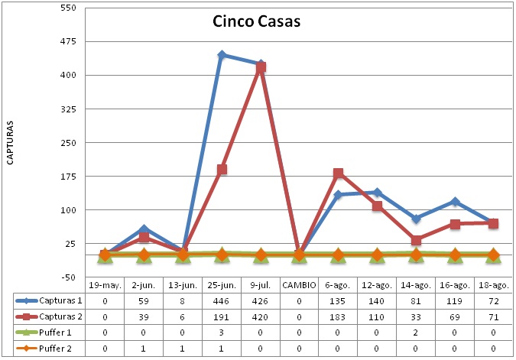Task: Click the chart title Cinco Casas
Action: [257, 21]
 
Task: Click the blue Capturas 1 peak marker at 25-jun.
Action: [222, 55]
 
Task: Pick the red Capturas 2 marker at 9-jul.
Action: [261, 67]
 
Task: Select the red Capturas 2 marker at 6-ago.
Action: [339, 174]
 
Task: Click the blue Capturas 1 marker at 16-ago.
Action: [456, 202]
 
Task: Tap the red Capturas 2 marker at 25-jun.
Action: [222, 170]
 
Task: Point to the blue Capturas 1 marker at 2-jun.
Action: [144, 229]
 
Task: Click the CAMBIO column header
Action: [299, 284]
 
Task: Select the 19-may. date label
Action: [105, 284]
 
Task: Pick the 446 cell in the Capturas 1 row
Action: [222, 300]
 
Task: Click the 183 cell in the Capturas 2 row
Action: [339, 316]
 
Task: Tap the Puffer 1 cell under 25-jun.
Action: [222, 332]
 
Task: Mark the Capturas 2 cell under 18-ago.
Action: [494, 316]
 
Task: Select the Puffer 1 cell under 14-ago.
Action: [417, 332]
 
